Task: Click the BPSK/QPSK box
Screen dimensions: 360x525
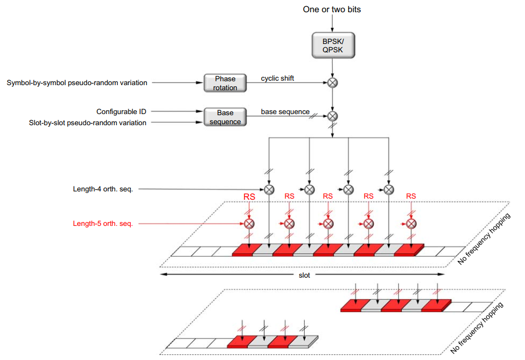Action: click(x=332, y=44)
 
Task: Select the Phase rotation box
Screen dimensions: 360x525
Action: click(x=225, y=83)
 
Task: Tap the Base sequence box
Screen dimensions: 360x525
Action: click(x=225, y=117)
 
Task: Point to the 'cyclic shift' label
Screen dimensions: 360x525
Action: click(x=278, y=78)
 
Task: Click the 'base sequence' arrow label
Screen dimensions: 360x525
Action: click(x=285, y=112)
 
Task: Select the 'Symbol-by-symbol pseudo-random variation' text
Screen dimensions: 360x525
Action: click(x=77, y=83)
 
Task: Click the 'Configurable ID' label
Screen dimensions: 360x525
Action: click(x=121, y=112)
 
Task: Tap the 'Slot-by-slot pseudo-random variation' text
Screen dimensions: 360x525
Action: click(x=88, y=122)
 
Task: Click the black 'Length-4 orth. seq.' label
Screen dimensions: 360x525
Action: click(x=103, y=189)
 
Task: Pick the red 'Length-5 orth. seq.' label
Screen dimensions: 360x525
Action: click(x=103, y=224)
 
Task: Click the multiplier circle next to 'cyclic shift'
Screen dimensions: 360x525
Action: click(x=332, y=83)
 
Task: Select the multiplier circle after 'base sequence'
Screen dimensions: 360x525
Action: click(x=332, y=116)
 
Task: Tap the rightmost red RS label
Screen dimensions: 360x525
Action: click(x=411, y=196)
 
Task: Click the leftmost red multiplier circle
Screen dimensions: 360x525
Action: click(x=249, y=224)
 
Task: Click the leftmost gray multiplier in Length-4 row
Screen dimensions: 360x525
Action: click(x=269, y=189)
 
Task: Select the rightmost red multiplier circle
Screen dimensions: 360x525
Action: click(x=411, y=224)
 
